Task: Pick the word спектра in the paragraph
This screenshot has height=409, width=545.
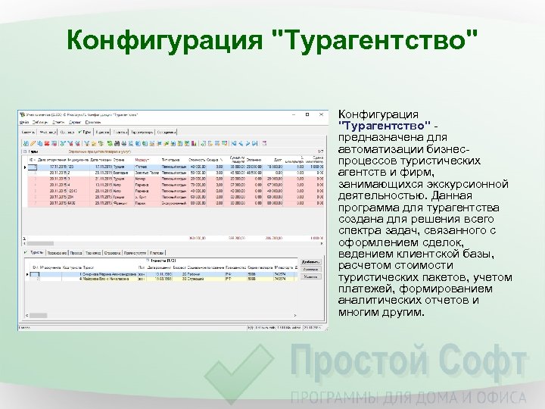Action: tap(360, 230)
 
